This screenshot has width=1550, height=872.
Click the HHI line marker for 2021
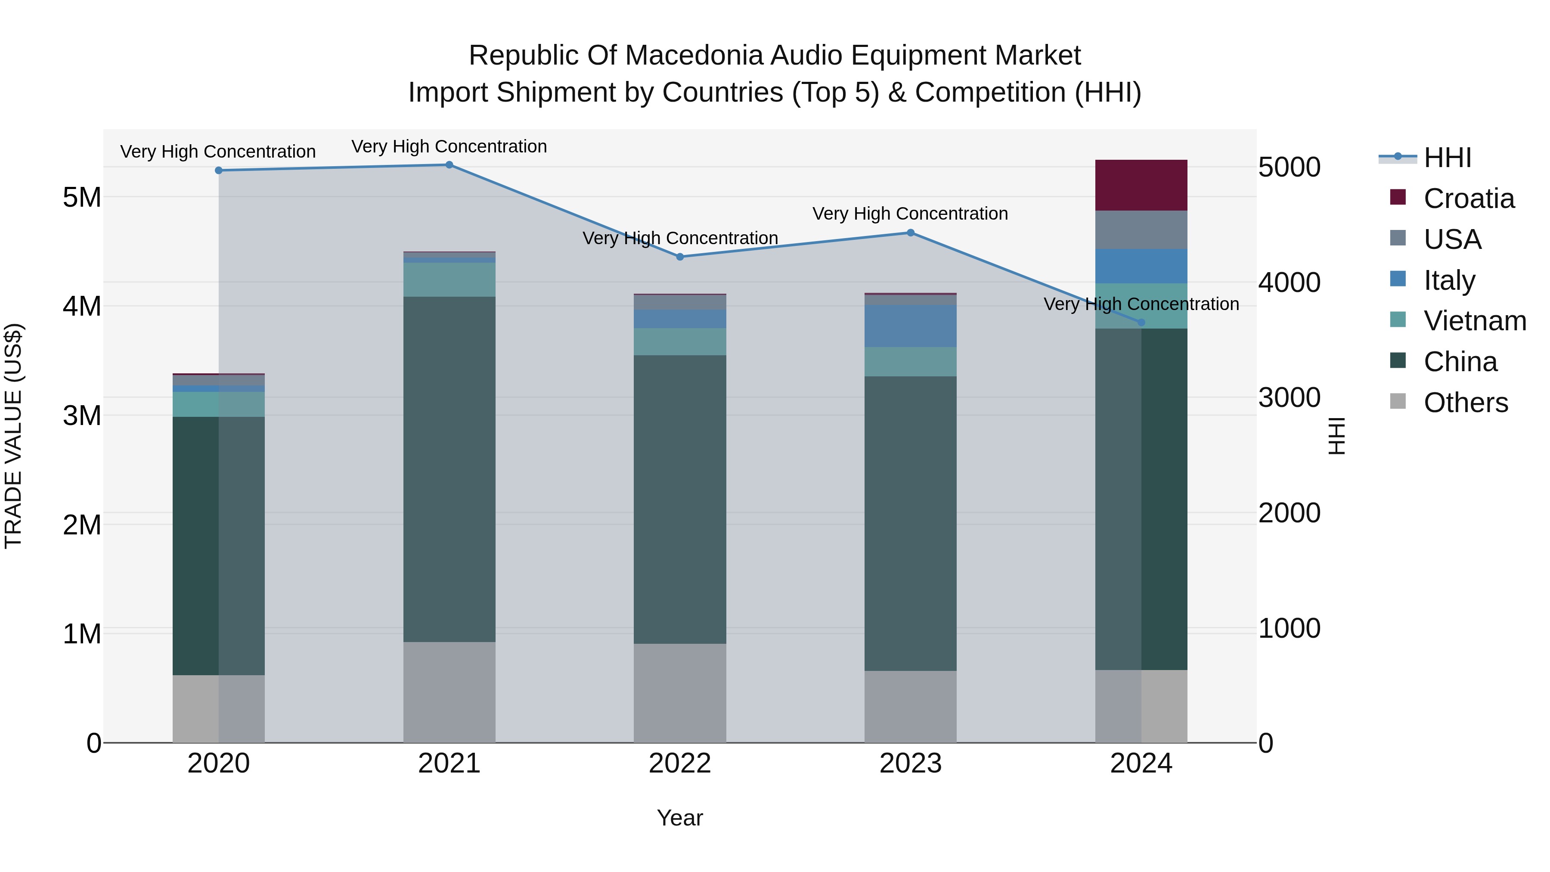(x=449, y=165)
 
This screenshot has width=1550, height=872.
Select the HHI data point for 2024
(x=1141, y=323)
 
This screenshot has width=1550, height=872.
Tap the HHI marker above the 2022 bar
(x=680, y=257)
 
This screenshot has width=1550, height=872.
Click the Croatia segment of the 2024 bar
(x=1141, y=185)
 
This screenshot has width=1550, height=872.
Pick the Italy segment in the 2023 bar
(x=910, y=326)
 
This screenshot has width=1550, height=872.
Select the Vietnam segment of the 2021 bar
(x=449, y=280)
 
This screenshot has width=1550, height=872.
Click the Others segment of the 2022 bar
(x=680, y=693)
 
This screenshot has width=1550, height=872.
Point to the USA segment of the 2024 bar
(x=1141, y=230)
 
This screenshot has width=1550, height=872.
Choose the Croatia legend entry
(x=1468, y=199)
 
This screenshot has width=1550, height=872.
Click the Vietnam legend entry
(x=1474, y=321)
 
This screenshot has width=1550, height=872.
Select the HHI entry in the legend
(x=1447, y=158)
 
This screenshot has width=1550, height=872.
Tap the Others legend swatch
(x=1398, y=401)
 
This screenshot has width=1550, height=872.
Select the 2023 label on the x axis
(x=910, y=763)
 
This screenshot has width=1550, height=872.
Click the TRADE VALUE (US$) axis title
(x=13, y=436)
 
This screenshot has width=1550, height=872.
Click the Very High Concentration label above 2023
(x=910, y=214)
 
